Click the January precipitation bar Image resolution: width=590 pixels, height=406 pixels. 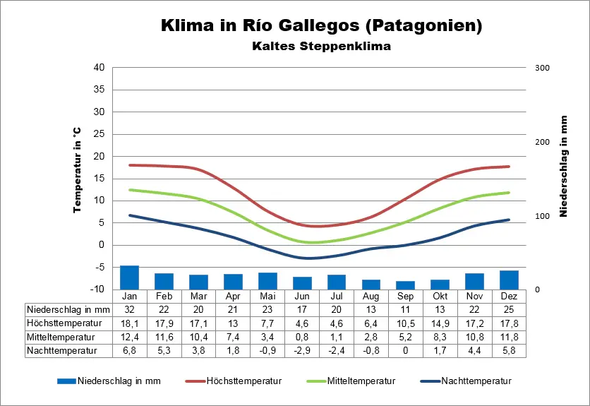click(129, 277)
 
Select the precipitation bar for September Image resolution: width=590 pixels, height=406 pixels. click(405, 285)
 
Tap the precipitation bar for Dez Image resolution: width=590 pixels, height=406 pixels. click(509, 280)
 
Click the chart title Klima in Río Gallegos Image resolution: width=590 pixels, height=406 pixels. click(322, 27)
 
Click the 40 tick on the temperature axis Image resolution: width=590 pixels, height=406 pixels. click(100, 68)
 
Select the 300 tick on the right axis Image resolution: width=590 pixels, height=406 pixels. click(542, 68)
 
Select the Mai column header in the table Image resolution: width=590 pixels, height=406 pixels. click(267, 296)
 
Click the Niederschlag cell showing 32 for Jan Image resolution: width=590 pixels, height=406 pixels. click(129, 309)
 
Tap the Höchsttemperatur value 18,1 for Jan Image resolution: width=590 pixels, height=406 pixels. click(129, 323)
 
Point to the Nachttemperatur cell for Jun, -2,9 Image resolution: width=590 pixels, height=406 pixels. click(302, 350)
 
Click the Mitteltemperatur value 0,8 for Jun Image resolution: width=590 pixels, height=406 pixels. click(302, 336)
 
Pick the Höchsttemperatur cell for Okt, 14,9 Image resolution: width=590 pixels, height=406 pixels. click(440, 323)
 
